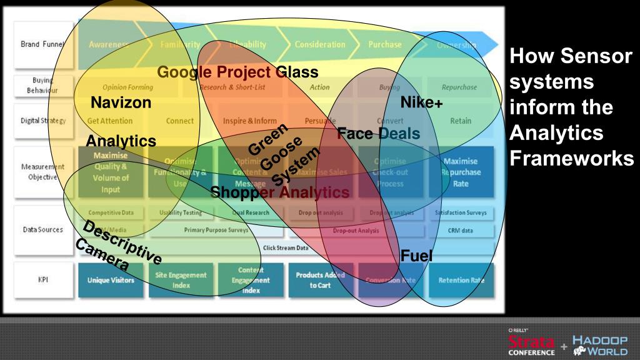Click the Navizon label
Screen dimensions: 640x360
pyautogui.click(x=121, y=102)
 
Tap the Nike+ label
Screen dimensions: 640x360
pyautogui.click(x=421, y=102)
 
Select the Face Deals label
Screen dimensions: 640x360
pyautogui.click(x=378, y=133)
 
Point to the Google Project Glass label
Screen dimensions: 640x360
pyautogui.click(x=237, y=72)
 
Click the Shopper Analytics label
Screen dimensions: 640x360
pyautogui.click(x=279, y=192)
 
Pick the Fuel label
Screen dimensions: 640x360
pyautogui.click(x=416, y=255)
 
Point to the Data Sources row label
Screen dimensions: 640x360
pyautogui.click(x=42, y=230)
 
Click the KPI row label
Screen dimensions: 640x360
pyautogui.click(x=42, y=280)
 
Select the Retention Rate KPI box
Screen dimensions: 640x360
pyautogui.click(x=461, y=281)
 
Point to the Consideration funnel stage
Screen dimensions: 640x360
pyautogui.click(x=320, y=45)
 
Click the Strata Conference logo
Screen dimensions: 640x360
pyautogui.click(x=532, y=343)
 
